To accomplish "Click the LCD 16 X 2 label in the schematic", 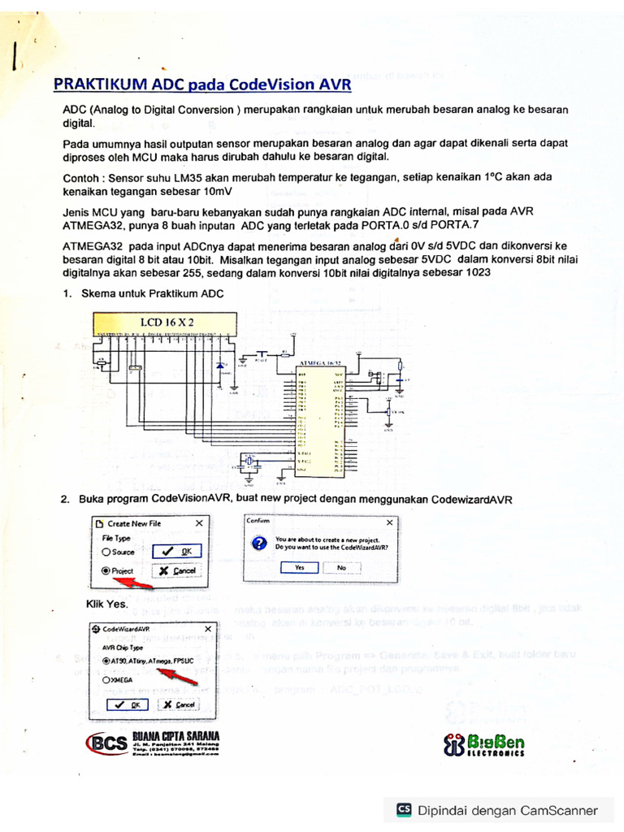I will [167, 323].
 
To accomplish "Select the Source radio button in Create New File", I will [106, 552].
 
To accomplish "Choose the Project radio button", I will [106, 571].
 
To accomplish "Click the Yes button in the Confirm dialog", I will [300, 567].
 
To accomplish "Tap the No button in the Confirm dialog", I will [341, 567].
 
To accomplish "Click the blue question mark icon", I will [259, 544].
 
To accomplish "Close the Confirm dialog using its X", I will [389, 522].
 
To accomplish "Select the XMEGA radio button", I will [106, 681].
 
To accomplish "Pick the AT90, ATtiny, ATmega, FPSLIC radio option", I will [106, 661].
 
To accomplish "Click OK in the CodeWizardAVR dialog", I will [130, 704].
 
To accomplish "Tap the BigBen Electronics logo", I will [483, 744].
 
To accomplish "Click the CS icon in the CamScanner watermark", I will [404, 809].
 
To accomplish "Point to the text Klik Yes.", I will [106, 604].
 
